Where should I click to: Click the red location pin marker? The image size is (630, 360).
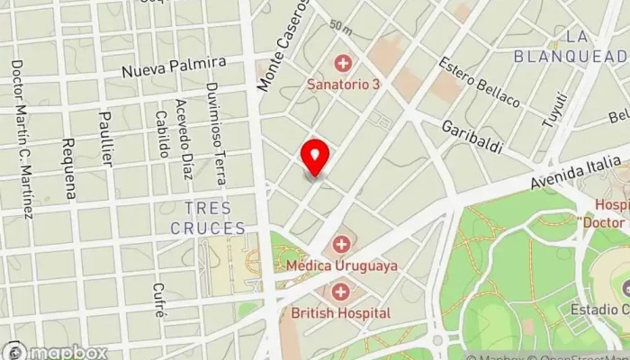coord(315,157)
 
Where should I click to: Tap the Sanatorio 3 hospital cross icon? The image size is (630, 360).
coord(342,63)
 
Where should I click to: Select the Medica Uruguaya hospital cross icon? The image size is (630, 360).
coord(341,244)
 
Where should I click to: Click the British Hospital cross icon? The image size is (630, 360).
coord(341,292)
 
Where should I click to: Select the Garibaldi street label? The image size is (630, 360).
coord(471,136)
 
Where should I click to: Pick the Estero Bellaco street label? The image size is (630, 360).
coord(479,82)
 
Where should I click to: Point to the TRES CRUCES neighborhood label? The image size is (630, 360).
coord(208,218)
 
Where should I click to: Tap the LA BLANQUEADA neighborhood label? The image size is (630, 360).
coord(571,46)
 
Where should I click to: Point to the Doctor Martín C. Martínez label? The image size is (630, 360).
coord(22,139)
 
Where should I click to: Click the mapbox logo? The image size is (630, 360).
coord(56,352)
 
